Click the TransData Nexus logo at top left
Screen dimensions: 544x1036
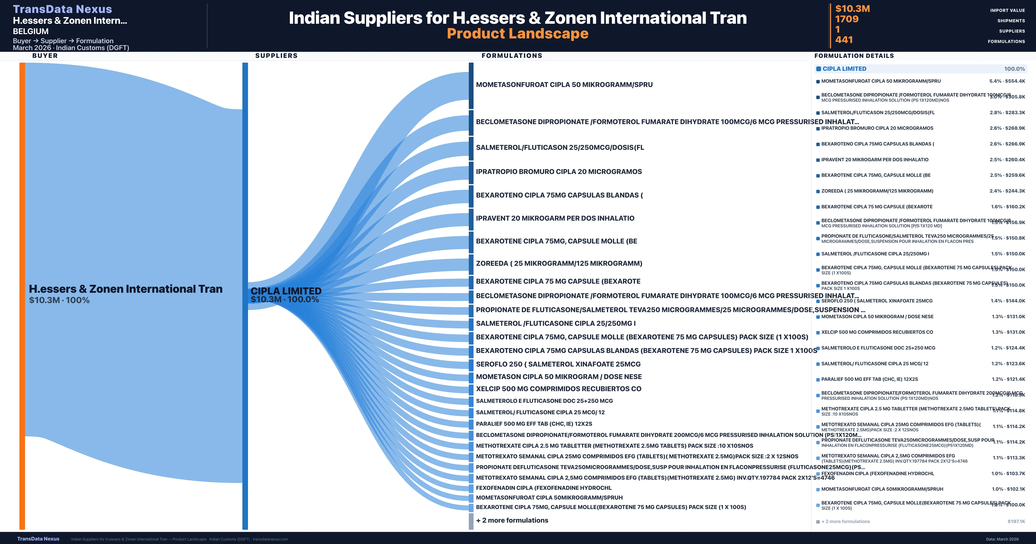tap(62, 9)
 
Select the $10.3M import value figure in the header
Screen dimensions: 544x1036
tap(852, 8)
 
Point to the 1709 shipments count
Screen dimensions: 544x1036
tap(846, 19)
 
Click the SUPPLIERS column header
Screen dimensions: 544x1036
tap(276, 55)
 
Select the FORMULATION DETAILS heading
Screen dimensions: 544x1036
tap(854, 56)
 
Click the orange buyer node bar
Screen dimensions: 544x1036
tap(22, 296)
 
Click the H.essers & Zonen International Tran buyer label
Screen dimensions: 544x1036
tap(125, 289)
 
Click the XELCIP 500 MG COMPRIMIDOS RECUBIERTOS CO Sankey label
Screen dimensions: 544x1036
tap(558, 389)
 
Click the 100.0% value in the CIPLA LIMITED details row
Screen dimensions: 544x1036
tap(1014, 69)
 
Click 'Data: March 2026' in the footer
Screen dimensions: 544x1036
tap(1002, 539)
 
